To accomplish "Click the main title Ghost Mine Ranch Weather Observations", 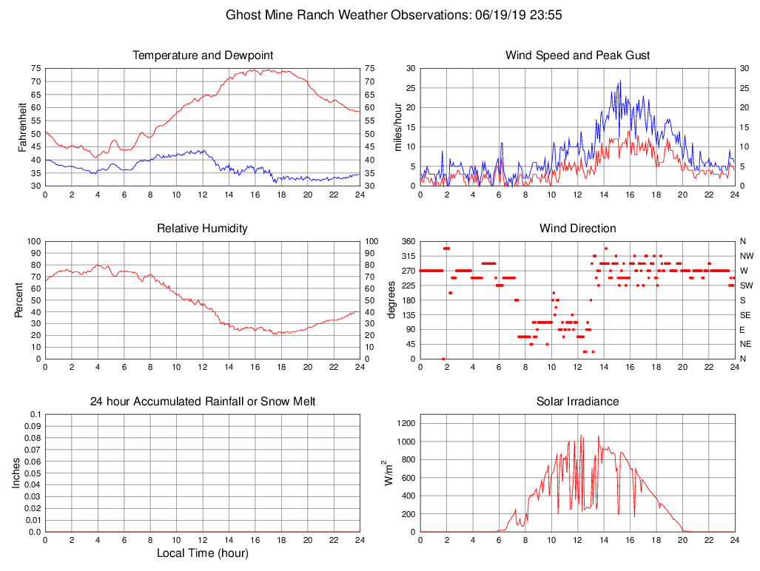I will [x=397, y=14].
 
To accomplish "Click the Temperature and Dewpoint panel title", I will [x=203, y=55].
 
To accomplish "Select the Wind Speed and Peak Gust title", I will [x=577, y=55].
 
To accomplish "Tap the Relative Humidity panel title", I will [x=202, y=229].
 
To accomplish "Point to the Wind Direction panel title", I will [x=577, y=229].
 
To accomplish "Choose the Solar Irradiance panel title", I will [x=577, y=402].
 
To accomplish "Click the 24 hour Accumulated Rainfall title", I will [x=203, y=402].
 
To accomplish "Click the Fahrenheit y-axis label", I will [x=23, y=126].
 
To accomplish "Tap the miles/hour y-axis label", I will [x=398, y=126].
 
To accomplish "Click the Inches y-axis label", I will [x=16, y=473].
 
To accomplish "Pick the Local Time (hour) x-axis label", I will [x=202, y=553].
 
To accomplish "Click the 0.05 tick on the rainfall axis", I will [x=32, y=473].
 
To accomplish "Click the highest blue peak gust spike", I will [x=619, y=81].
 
